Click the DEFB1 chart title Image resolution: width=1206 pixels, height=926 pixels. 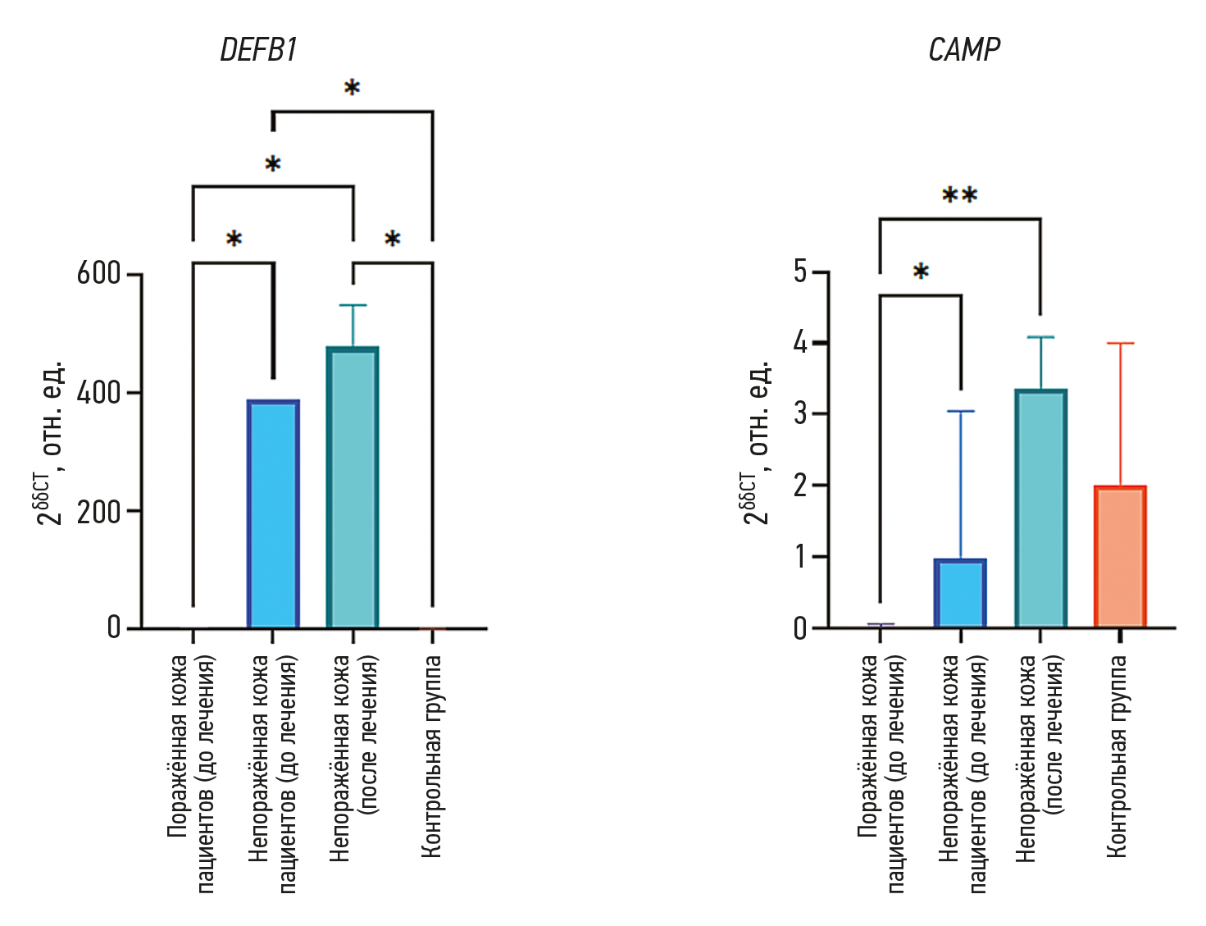(x=258, y=50)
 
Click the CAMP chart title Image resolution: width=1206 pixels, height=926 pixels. (x=964, y=50)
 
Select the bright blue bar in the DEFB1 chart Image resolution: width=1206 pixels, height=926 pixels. (x=273, y=514)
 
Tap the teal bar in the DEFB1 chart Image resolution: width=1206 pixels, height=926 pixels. (x=353, y=488)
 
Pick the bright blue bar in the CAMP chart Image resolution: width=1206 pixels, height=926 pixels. (x=960, y=594)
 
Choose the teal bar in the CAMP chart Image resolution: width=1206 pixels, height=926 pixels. (x=1040, y=509)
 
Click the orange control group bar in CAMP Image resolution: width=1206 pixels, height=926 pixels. (x=1120, y=557)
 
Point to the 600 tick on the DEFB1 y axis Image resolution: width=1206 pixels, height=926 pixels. (x=98, y=273)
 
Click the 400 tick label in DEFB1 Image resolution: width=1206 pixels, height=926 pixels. (x=98, y=392)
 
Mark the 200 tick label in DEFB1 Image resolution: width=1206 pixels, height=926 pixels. (x=98, y=512)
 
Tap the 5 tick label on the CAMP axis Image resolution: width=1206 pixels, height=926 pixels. (x=800, y=271)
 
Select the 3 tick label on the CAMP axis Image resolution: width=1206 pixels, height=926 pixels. (x=800, y=413)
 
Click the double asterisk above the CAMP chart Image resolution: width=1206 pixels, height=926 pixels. (x=959, y=196)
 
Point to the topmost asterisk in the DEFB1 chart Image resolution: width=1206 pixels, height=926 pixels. (x=352, y=88)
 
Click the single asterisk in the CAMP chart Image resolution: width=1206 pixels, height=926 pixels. (x=921, y=271)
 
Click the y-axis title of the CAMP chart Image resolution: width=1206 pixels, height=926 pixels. (x=756, y=443)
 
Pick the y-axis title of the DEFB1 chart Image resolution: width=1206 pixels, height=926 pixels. (x=49, y=443)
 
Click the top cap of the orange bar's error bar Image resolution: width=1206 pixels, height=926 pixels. (x=1120, y=343)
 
